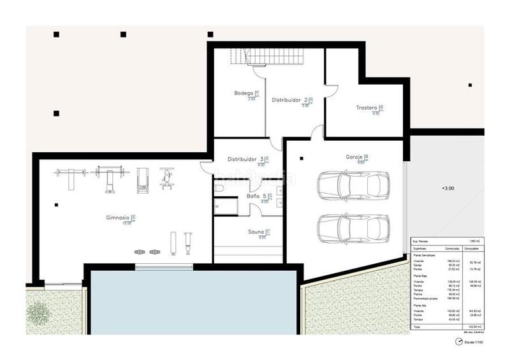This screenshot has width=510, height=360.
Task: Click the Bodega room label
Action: (244, 93)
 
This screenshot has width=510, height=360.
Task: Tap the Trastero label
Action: (367, 108)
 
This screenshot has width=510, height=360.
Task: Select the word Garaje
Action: (354, 157)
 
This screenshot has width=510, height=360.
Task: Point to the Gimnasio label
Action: (118, 218)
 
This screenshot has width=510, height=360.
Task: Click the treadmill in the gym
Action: (142, 180)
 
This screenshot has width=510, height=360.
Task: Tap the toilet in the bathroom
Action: (218, 190)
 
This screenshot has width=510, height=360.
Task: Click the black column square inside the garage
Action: (302, 159)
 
